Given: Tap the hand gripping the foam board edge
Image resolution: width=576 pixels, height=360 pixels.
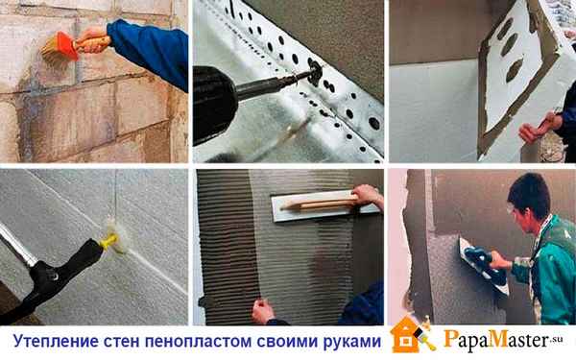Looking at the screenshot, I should [533, 130].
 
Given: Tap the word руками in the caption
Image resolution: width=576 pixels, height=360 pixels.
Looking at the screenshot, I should [349, 342].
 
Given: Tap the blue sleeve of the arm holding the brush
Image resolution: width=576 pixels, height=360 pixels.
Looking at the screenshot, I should [154, 48].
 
